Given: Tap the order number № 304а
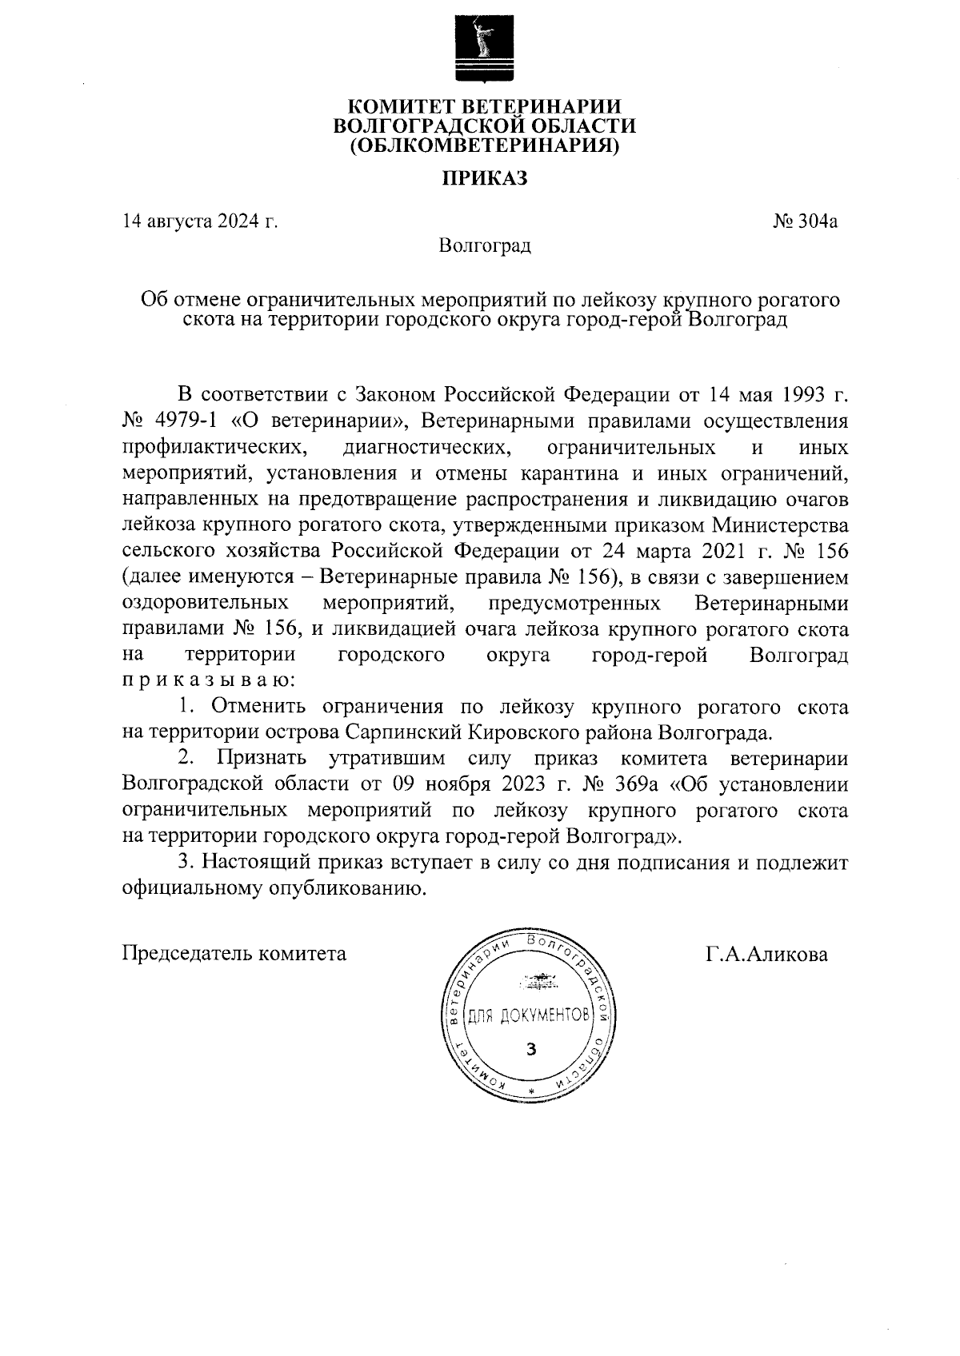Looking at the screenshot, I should click(x=805, y=221).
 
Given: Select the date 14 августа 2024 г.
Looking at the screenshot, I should click(x=200, y=221).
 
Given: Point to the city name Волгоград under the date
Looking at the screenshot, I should click(x=485, y=245).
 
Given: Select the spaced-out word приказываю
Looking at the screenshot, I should click(x=207, y=681).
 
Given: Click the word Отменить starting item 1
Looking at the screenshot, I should click(x=258, y=707).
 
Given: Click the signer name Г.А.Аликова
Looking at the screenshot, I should click(x=766, y=954).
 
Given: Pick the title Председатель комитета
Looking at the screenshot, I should click(x=234, y=954).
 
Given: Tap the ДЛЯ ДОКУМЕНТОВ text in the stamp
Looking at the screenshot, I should click(x=528, y=1016).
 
